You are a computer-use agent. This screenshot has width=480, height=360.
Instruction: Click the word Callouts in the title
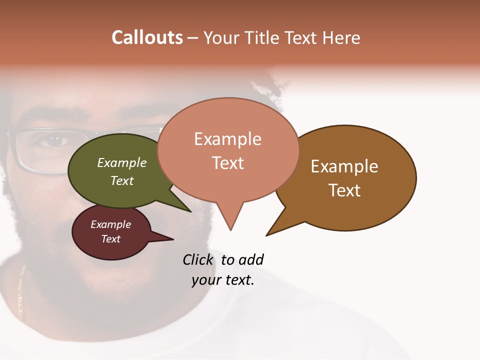pyautogui.click(x=147, y=37)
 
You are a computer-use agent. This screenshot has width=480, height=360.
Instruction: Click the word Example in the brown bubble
pyautogui.click(x=344, y=166)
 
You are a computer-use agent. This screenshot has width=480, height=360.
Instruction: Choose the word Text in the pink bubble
pyautogui.click(x=228, y=163)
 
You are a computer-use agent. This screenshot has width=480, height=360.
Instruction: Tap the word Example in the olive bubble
pyautogui.click(x=122, y=162)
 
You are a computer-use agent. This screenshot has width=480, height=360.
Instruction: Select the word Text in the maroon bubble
pyautogui.click(x=111, y=239)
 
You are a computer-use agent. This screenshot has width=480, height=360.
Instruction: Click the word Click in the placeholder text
pyautogui.click(x=198, y=259)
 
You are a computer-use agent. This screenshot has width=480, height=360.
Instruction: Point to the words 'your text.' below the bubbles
pyautogui.click(x=223, y=280)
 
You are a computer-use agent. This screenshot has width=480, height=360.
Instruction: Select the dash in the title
pyautogui.click(x=193, y=38)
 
